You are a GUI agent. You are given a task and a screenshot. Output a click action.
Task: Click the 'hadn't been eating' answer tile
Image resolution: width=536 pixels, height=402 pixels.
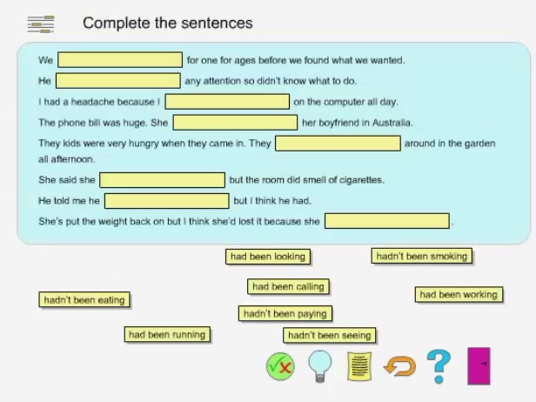tap(84, 300)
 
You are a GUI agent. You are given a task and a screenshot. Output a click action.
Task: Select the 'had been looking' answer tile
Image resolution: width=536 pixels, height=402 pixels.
tap(266, 257)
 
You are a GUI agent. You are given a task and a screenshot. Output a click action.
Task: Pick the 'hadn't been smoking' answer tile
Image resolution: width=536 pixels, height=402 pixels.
tap(422, 256)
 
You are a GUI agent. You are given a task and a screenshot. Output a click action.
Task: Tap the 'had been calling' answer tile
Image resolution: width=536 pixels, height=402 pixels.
tap(287, 286)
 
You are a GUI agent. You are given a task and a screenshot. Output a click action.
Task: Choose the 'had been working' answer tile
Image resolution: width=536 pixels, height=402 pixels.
tap(458, 295)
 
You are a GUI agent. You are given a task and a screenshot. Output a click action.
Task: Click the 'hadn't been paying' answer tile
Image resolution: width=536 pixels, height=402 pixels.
tap(285, 313)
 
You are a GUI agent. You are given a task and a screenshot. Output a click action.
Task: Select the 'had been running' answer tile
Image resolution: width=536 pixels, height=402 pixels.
tap(167, 334)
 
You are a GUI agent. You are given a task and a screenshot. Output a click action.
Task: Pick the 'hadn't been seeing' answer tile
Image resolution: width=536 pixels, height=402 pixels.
tap(329, 335)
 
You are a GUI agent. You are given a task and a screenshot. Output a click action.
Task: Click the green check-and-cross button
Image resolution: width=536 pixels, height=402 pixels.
tap(280, 366)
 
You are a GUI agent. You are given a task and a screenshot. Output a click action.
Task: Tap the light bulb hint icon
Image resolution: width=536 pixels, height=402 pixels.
tap(320, 365)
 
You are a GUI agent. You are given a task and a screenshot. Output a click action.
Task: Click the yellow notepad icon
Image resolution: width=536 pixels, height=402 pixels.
tap(359, 366)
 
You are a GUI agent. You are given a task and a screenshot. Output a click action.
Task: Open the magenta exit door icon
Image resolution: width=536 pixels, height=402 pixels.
tap(479, 366)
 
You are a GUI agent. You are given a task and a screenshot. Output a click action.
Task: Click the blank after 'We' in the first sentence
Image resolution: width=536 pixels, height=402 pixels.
tap(120, 60)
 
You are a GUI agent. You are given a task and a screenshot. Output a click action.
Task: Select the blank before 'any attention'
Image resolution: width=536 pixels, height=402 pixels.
tap(118, 81)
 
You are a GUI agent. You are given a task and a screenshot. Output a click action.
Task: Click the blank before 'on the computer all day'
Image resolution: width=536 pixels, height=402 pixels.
tap(227, 102)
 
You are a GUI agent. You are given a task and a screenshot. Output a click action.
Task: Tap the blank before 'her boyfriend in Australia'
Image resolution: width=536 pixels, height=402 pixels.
tap(235, 123)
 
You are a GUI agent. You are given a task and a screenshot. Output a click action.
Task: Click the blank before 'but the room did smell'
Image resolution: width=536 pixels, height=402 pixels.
tap(162, 180)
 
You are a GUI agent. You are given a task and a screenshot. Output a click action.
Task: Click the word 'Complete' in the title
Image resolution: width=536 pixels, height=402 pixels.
tap(117, 23)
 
